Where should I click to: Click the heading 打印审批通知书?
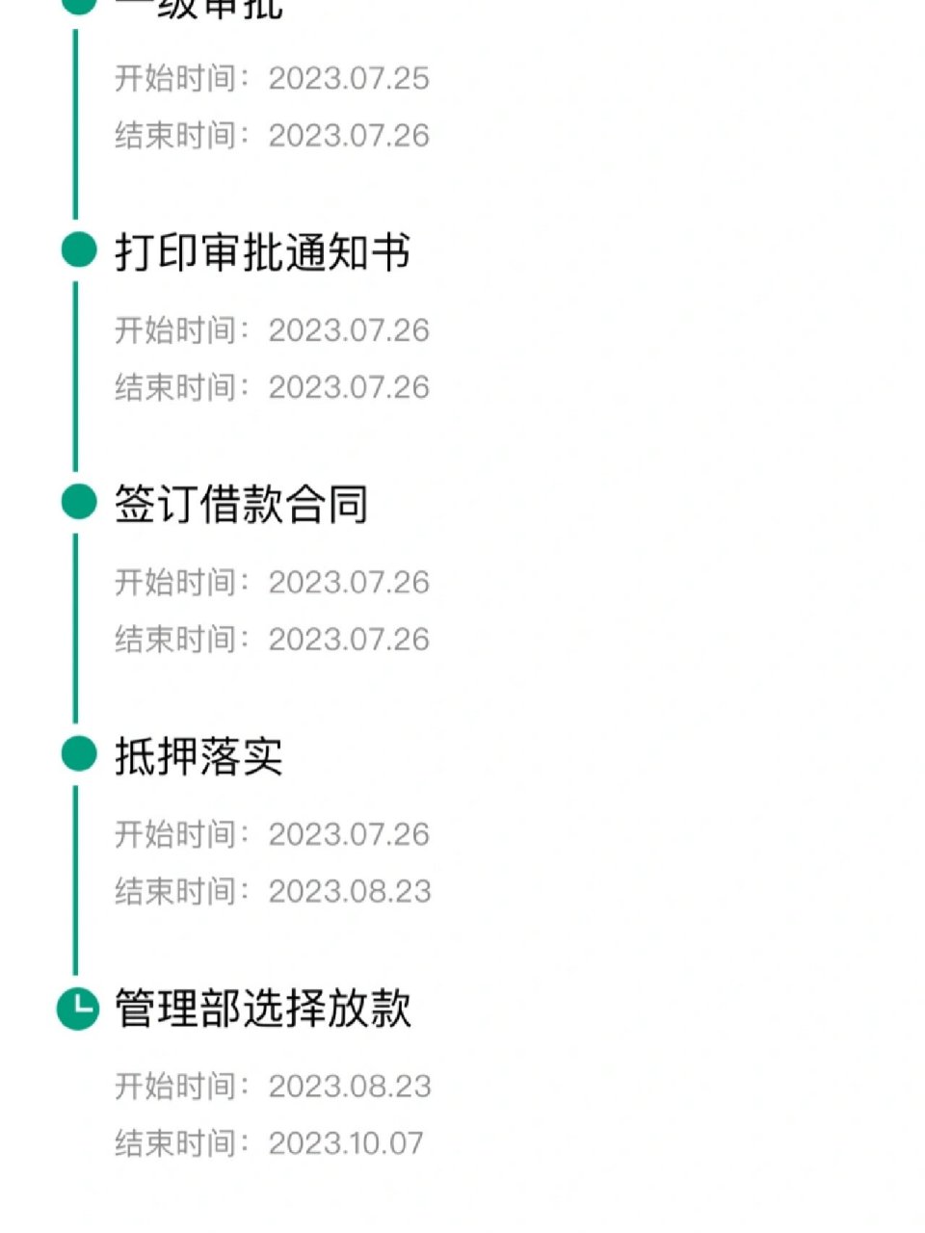[x=262, y=252]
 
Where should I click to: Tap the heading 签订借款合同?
[x=241, y=505]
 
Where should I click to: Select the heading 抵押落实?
[x=198, y=756]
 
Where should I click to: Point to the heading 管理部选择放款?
[x=262, y=1009]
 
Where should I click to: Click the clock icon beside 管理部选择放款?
[x=78, y=1009]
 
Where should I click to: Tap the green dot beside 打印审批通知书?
[x=78, y=250]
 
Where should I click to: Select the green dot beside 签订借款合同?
[x=78, y=503]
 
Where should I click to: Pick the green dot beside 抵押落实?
[x=78, y=754]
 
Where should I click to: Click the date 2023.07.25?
[x=349, y=78]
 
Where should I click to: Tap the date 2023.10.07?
[x=346, y=1143]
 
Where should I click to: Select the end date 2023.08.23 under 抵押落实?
[x=350, y=892]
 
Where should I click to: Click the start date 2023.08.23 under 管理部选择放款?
[x=350, y=1087]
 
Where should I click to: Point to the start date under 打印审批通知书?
[x=349, y=330]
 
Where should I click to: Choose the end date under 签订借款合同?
[x=349, y=640]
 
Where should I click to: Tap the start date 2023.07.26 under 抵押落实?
[x=349, y=834]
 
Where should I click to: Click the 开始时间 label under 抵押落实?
[x=175, y=834]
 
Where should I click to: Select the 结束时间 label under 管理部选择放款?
[x=175, y=1143]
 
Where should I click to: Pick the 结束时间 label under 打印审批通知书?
[x=175, y=387]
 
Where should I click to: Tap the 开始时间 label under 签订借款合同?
[x=175, y=583]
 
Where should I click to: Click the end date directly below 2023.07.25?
[x=349, y=136]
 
